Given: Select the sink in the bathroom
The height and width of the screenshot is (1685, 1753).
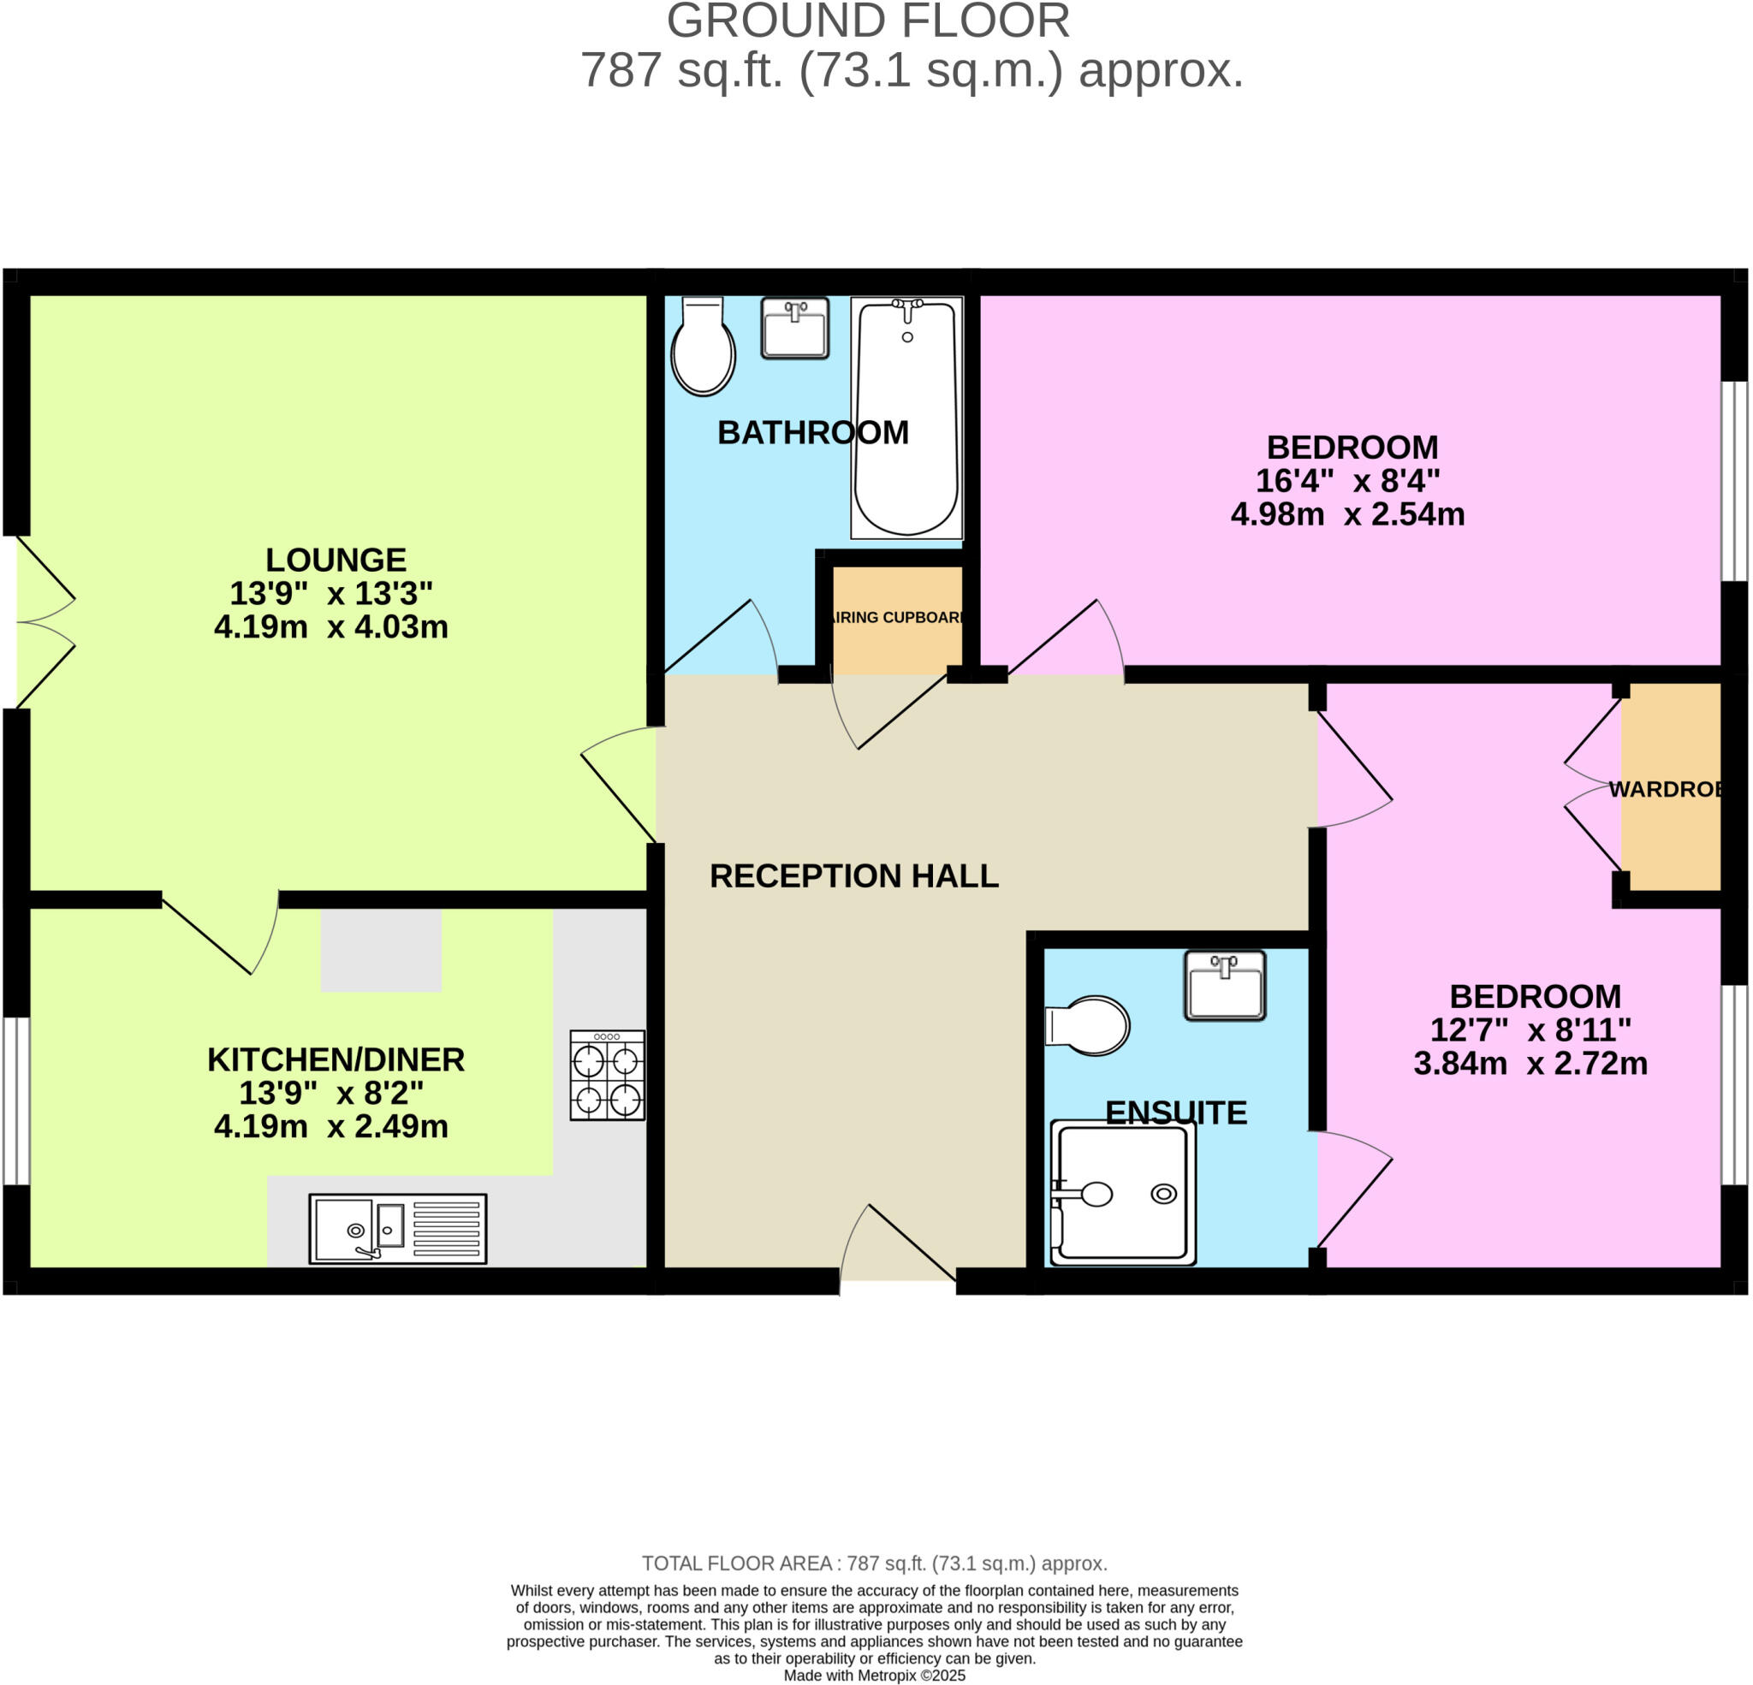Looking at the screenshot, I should click(x=794, y=329).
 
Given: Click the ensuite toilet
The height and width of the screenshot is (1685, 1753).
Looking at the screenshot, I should click(x=1090, y=1025).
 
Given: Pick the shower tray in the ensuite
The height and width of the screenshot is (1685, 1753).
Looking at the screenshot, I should click(x=1123, y=1193).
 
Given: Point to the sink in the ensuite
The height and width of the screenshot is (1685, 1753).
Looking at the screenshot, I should click(x=1224, y=986).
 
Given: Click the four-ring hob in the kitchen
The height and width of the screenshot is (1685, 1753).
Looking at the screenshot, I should click(x=607, y=1074).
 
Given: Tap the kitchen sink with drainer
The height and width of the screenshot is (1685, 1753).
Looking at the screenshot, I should click(x=398, y=1229).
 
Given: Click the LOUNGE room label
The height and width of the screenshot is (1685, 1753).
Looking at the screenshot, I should click(x=336, y=560).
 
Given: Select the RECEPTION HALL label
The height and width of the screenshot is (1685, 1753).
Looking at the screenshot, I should click(x=854, y=875).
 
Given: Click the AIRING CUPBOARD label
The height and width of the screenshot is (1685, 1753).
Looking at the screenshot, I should click(x=897, y=617).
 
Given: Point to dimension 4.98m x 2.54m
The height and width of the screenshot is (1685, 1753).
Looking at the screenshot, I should click(x=1348, y=514).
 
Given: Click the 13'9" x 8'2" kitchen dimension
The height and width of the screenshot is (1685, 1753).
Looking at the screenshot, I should click(x=331, y=1093).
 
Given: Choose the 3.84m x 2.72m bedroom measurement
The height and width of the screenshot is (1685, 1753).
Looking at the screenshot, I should click(x=1530, y=1064).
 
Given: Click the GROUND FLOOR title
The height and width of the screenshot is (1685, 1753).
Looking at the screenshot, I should click(x=868, y=21).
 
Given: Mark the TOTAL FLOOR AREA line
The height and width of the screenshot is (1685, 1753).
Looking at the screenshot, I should click(x=874, y=1563).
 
